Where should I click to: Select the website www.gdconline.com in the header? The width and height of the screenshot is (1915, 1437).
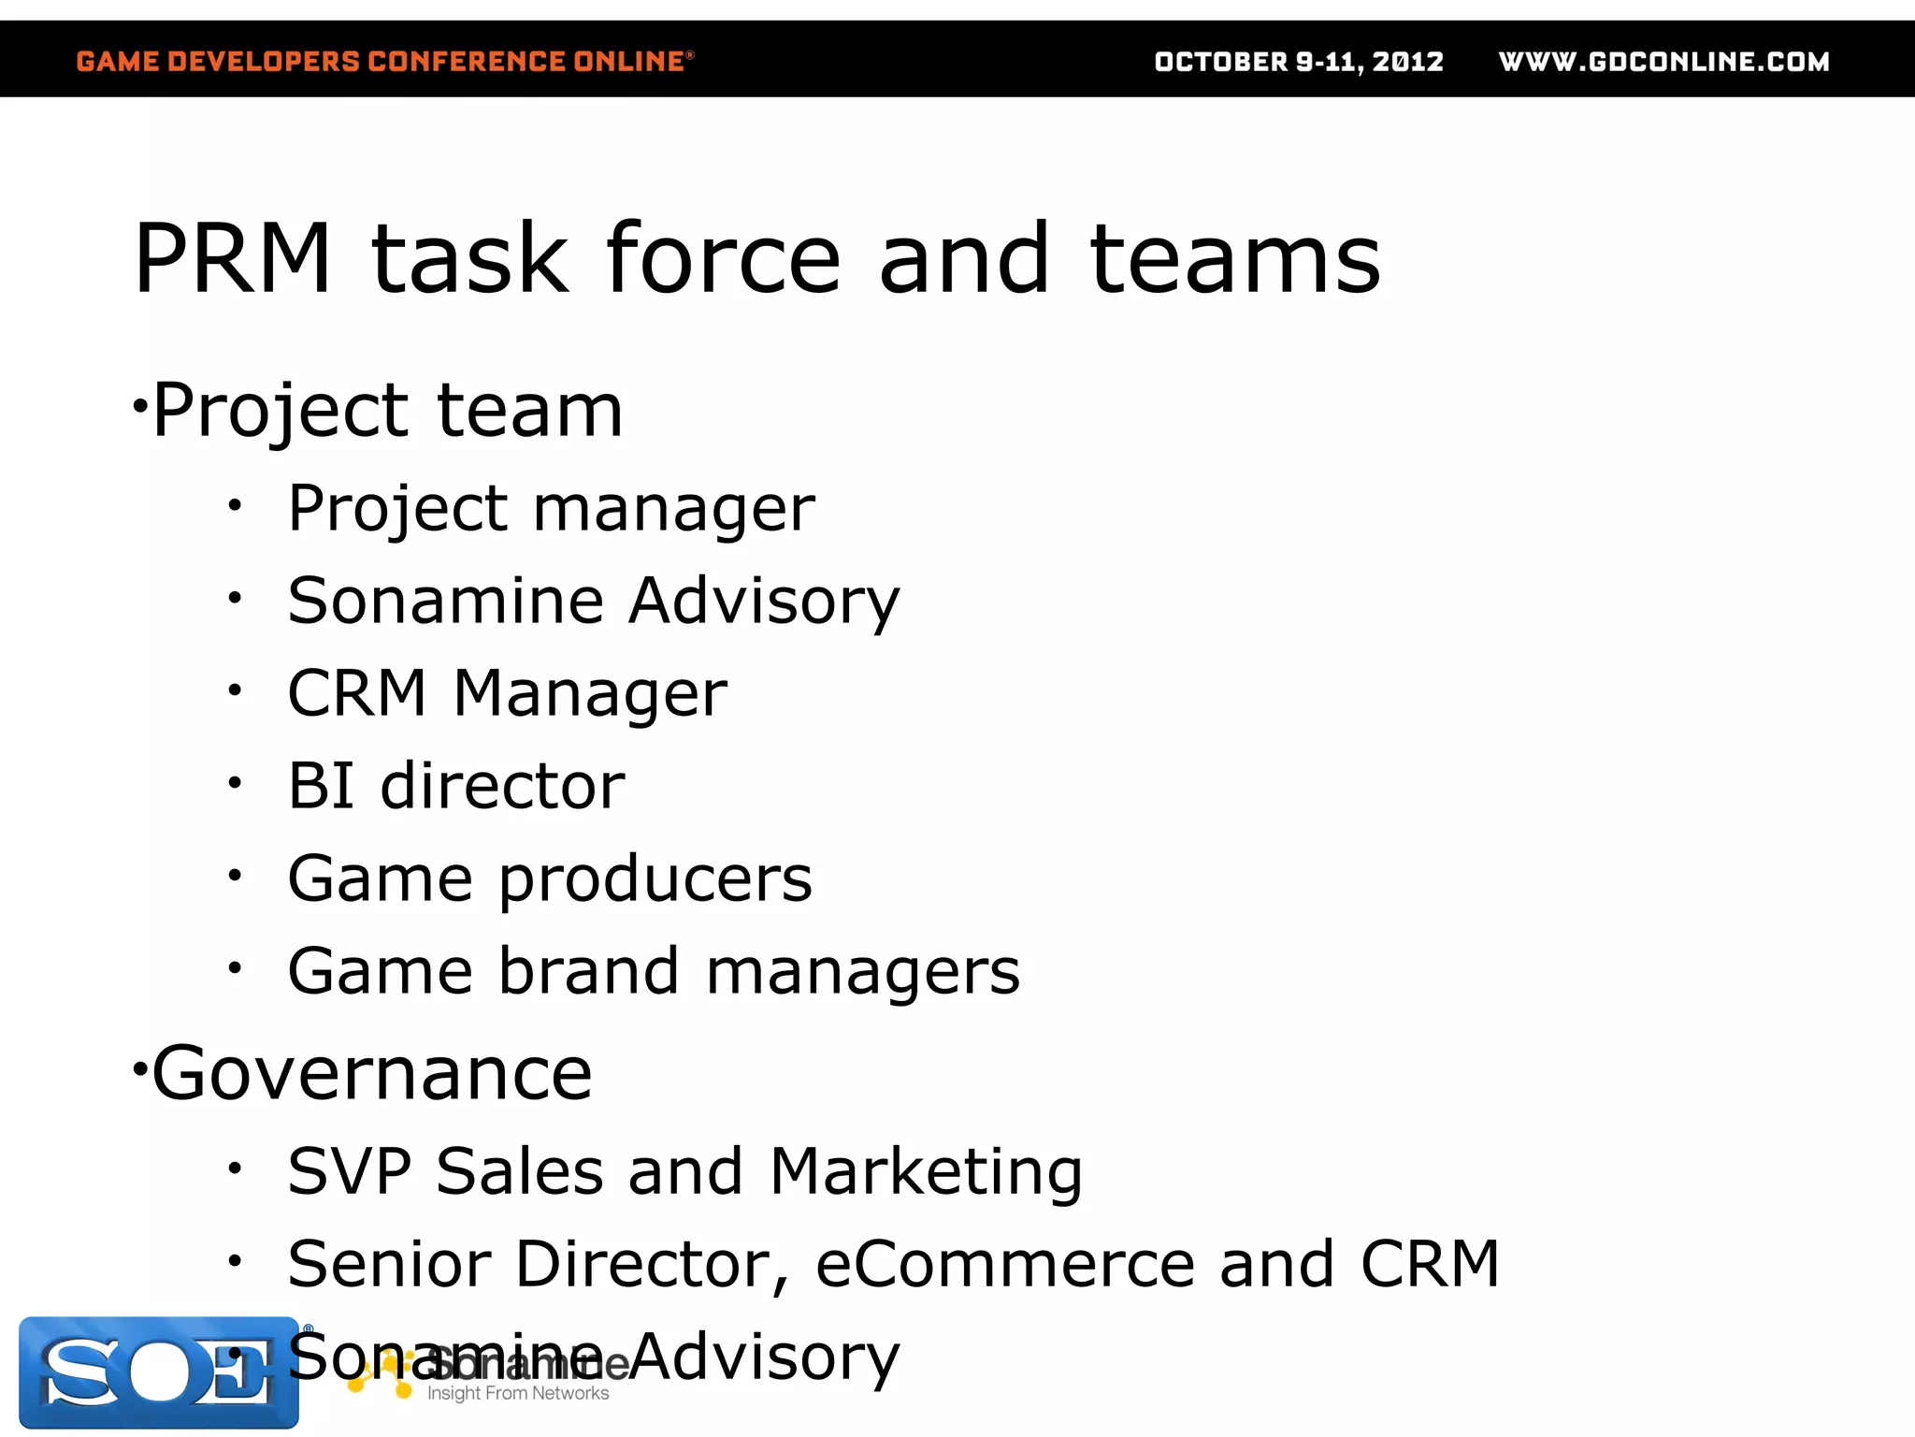(x=1663, y=62)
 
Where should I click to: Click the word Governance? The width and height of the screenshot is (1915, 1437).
(x=371, y=1073)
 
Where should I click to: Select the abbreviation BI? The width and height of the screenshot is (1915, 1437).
(x=321, y=785)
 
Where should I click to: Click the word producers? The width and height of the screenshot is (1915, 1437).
(x=655, y=880)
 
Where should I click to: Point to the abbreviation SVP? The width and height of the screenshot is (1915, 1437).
(x=349, y=1171)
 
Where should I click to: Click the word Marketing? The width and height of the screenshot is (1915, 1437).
(x=926, y=1173)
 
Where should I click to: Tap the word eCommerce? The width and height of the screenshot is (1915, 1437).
(x=1004, y=1264)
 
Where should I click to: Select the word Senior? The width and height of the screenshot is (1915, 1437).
(x=389, y=1264)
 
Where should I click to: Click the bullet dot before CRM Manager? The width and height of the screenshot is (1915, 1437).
(x=235, y=690)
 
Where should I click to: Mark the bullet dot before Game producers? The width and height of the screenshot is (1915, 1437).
(x=235, y=876)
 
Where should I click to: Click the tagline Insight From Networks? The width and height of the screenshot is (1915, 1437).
(x=518, y=1393)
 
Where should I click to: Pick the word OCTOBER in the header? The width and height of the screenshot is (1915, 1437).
(x=1221, y=62)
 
